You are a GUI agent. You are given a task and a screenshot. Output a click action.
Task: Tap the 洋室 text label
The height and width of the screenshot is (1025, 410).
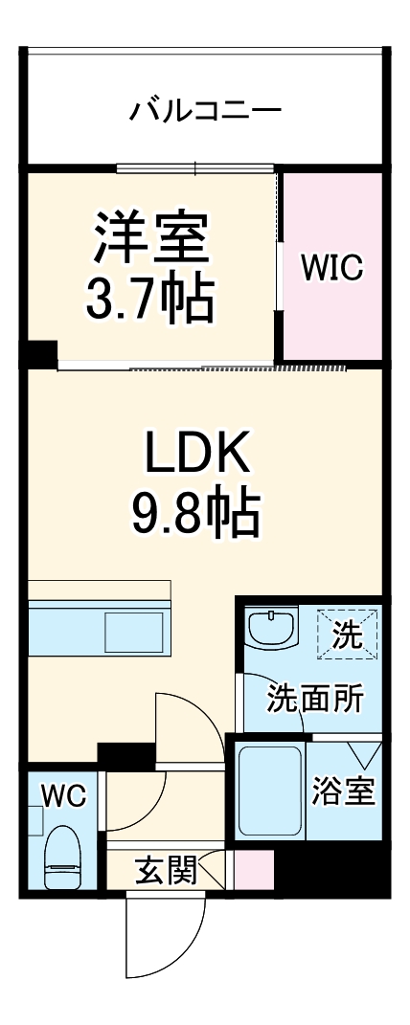click(x=151, y=238)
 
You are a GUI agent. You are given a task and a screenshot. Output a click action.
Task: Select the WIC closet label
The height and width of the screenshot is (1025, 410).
click(x=332, y=269)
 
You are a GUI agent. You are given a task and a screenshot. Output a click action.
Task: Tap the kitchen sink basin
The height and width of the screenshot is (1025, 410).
click(x=134, y=634)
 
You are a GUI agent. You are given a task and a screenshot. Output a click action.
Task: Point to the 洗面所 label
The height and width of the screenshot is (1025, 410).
click(x=313, y=700)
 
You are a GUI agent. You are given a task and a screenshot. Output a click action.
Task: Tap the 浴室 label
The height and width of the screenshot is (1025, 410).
click(x=344, y=792)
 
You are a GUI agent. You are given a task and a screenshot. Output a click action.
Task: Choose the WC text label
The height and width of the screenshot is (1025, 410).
click(x=63, y=794)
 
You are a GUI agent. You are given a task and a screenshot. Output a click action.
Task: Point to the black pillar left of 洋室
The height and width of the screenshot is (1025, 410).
click(x=41, y=354)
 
